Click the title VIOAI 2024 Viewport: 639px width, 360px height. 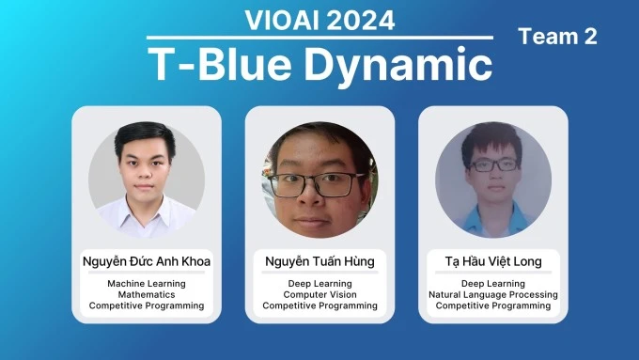(x=319, y=19)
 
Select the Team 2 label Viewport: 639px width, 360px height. (x=557, y=37)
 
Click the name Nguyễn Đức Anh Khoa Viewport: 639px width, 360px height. (x=147, y=260)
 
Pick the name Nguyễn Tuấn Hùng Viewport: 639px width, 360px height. (x=319, y=260)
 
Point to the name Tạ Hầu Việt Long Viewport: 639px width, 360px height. (x=492, y=260)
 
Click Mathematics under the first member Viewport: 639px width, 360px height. (x=147, y=294)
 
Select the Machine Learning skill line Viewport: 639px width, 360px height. (x=147, y=283)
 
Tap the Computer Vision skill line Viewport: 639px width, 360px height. (x=319, y=294)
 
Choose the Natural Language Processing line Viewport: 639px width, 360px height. (x=492, y=294)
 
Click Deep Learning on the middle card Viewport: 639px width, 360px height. (x=319, y=283)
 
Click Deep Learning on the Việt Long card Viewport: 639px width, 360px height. (x=492, y=283)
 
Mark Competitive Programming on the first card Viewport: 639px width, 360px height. (x=147, y=305)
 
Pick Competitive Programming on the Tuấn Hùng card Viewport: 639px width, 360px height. (x=319, y=305)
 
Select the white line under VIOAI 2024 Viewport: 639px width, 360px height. (x=319, y=38)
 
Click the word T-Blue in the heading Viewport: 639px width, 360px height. (x=212, y=64)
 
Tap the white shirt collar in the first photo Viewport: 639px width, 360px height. (x=147, y=205)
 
